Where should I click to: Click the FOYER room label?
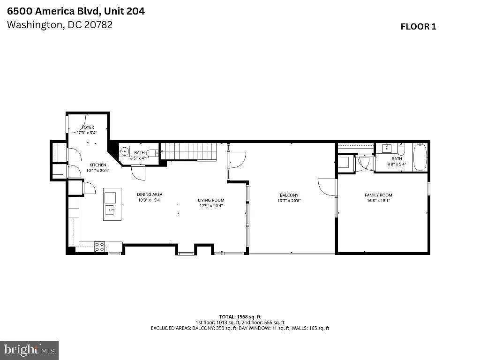(x=88, y=127)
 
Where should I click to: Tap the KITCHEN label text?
(x=98, y=165)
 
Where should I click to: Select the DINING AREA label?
(x=150, y=195)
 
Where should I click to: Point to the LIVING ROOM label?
(x=211, y=200)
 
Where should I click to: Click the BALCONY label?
(x=289, y=195)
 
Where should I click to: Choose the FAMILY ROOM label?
(x=378, y=195)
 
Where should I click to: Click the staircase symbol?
(x=189, y=152)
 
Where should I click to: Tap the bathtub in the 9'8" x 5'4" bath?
(x=420, y=157)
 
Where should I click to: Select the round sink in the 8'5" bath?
(x=124, y=151)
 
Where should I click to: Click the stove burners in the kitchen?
(x=99, y=247)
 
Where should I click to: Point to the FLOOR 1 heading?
(x=418, y=27)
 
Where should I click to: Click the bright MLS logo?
(x=29, y=350)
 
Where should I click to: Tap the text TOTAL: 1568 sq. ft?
(x=240, y=316)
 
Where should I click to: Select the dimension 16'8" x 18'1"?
(x=378, y=200)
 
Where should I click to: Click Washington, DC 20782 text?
(x=60, y=25)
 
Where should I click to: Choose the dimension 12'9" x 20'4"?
(x=211, y=205)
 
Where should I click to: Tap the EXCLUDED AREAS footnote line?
(x=240, y=328)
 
